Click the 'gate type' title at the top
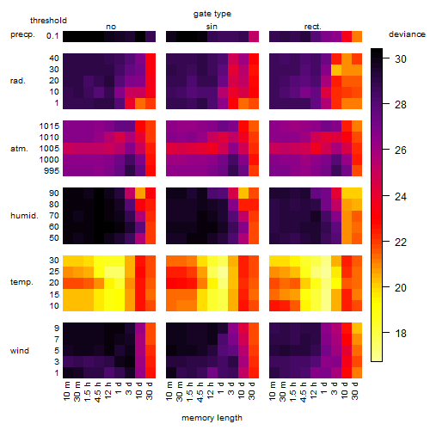pyautogui.click(x=212, y=14)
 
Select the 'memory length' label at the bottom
pyautogui.click(x=212, y=418)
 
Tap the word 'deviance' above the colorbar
pyautogui.click(x=407, y=34)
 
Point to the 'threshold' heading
pyautogui.click(x=48, y=21)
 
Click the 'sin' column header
pyautogui.click(x=212, y=27)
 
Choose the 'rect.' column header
pyautogui.click(x=312, y=27)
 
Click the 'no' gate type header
pyautogui.click(x=111, y=27)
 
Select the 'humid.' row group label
pyautogui.click(x=24, y=216)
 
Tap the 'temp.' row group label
pyautogui.click(x=21, y=282)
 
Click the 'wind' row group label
pyautogui.click(x=20, y=351)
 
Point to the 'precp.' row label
pyautogui.click(x=22, y=34)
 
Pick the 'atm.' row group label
pyautogui.click(x=19, y=149)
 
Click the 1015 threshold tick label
pyautogui.click(x=49, y=126)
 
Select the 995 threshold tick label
pyautogui.click(x=52, y=171)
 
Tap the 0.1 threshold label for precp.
pyautogui.click(x=52, y=36)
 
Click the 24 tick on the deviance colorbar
pyautogui.click(x=401, y=196)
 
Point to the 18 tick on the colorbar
pyautogui.click(x=401, y=334)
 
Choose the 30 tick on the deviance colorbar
pyautogui.click(x=401, y=59)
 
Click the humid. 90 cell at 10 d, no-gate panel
pyautogui.click(x=140, y=193)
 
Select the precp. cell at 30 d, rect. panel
pyautogui.click(x=357, y=36)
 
